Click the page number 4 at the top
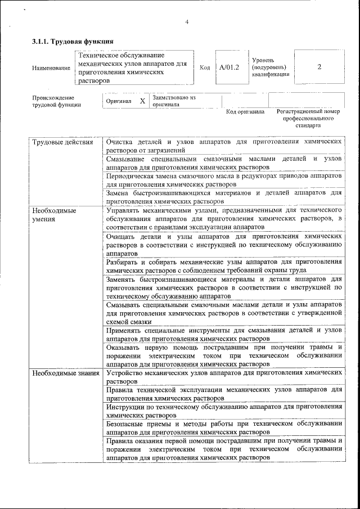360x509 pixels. tap(187, 22)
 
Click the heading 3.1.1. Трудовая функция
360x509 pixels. tap(73, 42)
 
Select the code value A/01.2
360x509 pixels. tap(229, 67)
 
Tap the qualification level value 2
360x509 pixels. tap(319, 67)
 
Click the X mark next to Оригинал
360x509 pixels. tap(142, 101)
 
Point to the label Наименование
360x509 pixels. tap(51, 68)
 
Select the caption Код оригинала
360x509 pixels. tap(245, 112)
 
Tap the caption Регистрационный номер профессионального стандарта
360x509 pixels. tap(308, 119)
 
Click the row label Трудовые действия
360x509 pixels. tap(62, 142)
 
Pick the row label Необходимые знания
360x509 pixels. tap(65, 372)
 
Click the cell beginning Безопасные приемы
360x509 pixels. tap(224, 427)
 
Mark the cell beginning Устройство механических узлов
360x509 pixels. tap(224, 376)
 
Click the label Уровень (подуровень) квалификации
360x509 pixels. tap(271, 67)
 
